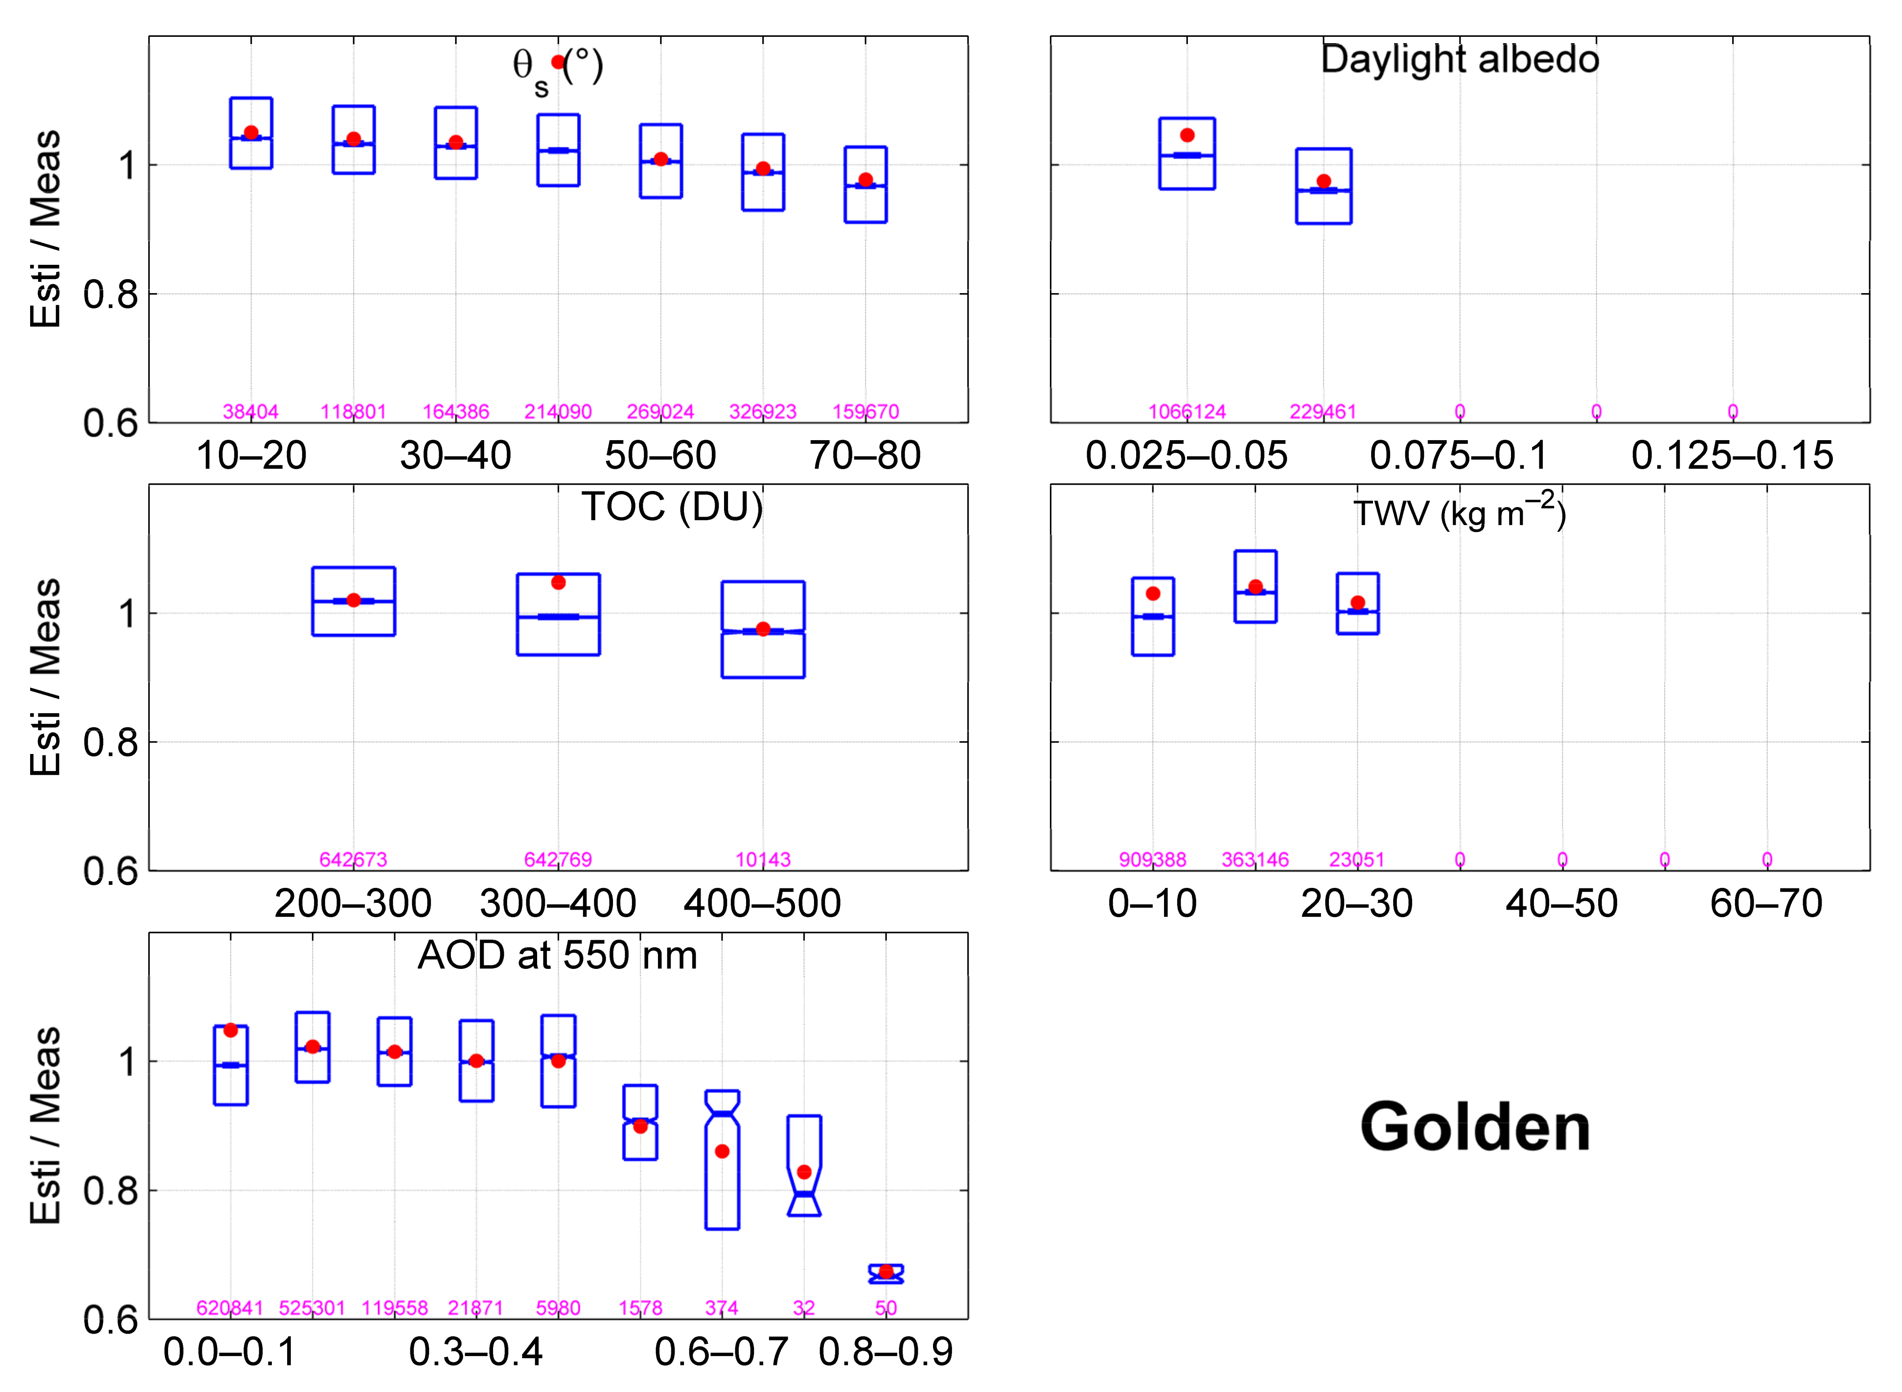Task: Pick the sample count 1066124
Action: [x=1187, y=411]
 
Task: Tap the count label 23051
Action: [x=1356, y=860]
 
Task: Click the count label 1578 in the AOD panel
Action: [x=640, y=1308]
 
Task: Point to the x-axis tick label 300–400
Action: [x=558, y=904]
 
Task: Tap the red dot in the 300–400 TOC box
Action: [x=558, y=582]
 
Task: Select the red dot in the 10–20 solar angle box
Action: [x=251, y=132]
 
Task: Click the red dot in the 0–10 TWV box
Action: [x=1153, y=593]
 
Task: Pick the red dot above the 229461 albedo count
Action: [x=1323, y=181]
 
